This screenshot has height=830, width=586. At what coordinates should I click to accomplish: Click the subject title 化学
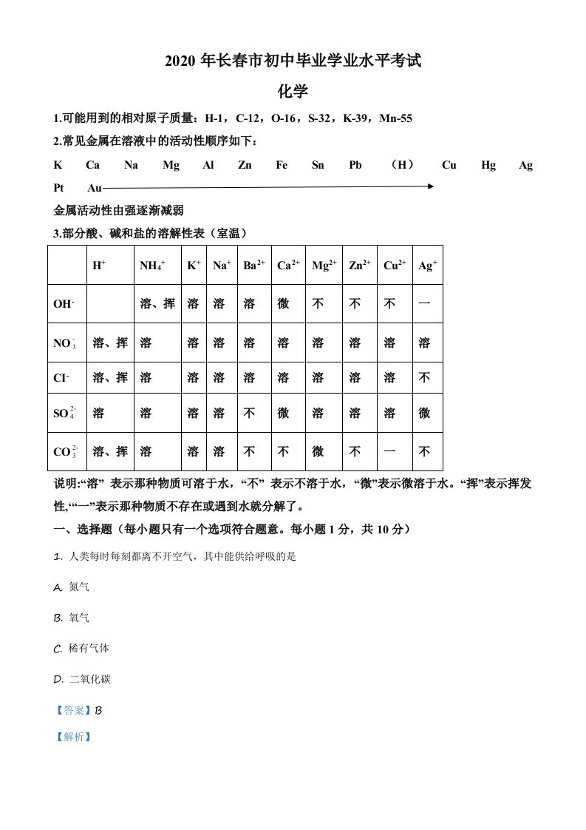[293, 92]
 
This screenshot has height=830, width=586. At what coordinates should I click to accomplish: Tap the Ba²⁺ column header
[253, 265]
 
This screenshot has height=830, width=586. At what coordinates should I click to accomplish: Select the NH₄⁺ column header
[152, 265]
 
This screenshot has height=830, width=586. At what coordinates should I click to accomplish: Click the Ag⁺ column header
[428, 265]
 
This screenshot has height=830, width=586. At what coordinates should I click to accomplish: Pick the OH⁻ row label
[64, 304]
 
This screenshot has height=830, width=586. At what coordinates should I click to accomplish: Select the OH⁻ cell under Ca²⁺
[283, 304]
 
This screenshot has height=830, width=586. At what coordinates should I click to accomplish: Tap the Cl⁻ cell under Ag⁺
[425, 378]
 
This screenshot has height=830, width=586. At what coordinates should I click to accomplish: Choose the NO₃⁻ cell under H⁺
[110, 343]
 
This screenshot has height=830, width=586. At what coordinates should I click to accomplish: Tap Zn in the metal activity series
[245, 165]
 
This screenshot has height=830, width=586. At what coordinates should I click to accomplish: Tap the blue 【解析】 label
[73, 737]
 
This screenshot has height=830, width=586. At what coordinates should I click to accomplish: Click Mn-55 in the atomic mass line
[395, 118]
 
